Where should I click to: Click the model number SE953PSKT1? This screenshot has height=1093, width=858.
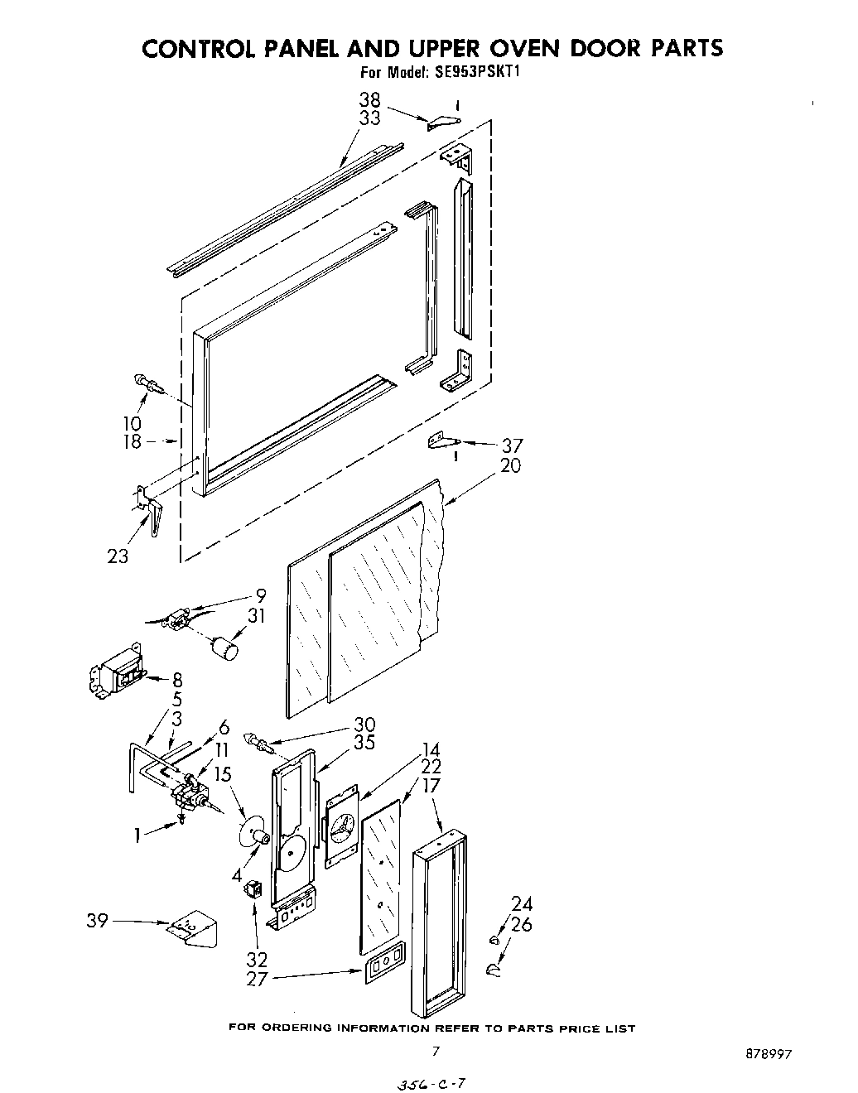point(471,71)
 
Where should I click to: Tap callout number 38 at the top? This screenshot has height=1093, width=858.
point(370,100)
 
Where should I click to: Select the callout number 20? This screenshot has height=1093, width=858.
point(511,466)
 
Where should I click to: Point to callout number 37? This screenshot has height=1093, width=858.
point(512,446)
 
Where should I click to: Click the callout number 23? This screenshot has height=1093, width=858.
point(118,556)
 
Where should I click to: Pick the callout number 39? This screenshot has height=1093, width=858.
point(98,920)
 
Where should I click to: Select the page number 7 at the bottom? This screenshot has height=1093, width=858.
point(436,1052)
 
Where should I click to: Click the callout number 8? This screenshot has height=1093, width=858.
point(177,681)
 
